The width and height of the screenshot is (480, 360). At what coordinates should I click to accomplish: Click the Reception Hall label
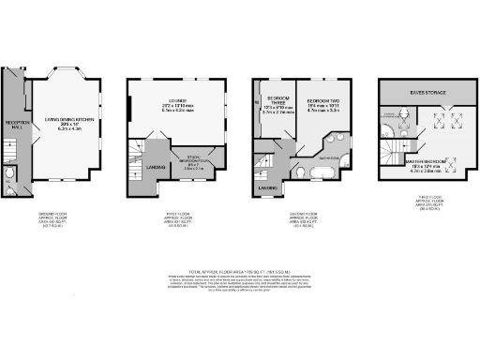click(x=15, y=124)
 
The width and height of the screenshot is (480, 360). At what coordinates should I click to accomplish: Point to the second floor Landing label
click(x=267, y=187)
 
